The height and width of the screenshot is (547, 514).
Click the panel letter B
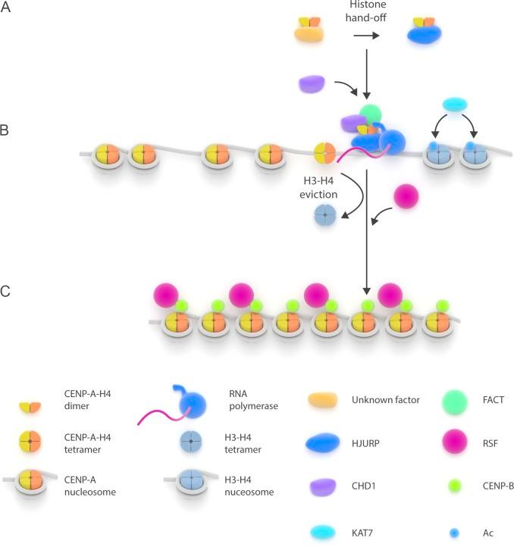[x=6, y=130]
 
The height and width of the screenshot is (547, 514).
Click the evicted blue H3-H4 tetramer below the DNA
[x=324, y=217]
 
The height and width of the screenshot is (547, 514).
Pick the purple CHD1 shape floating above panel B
[x=313, y=83]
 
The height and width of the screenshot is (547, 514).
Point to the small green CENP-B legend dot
[x=453, y=485]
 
